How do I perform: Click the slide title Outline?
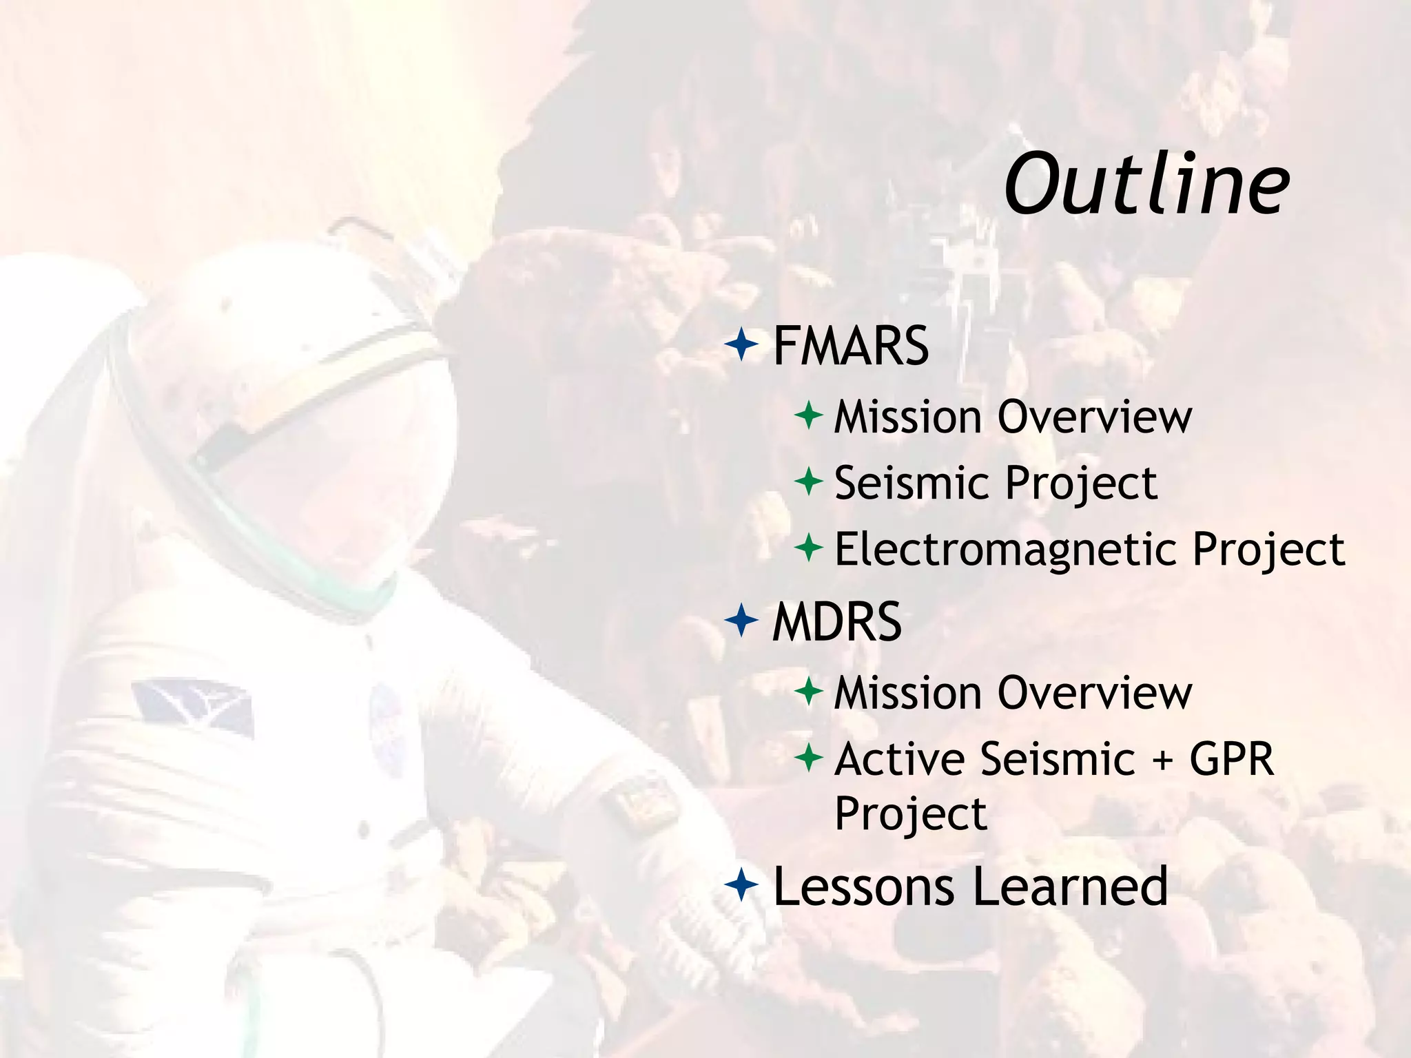tap(1146, 185)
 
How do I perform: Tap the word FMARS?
tap(851, 346)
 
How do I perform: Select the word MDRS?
tap(836, 622)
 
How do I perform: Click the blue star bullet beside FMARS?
tap(741, 344)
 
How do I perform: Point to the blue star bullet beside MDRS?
tap(741, 620)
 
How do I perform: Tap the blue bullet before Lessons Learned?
tap(741, 885)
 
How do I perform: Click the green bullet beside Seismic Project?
tap(808, 481)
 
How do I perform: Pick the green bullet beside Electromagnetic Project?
tap(808, 548)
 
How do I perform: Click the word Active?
tap(900, 759)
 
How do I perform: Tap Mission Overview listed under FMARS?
tap(1012, 417)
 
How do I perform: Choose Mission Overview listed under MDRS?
tap(1012, 692)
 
